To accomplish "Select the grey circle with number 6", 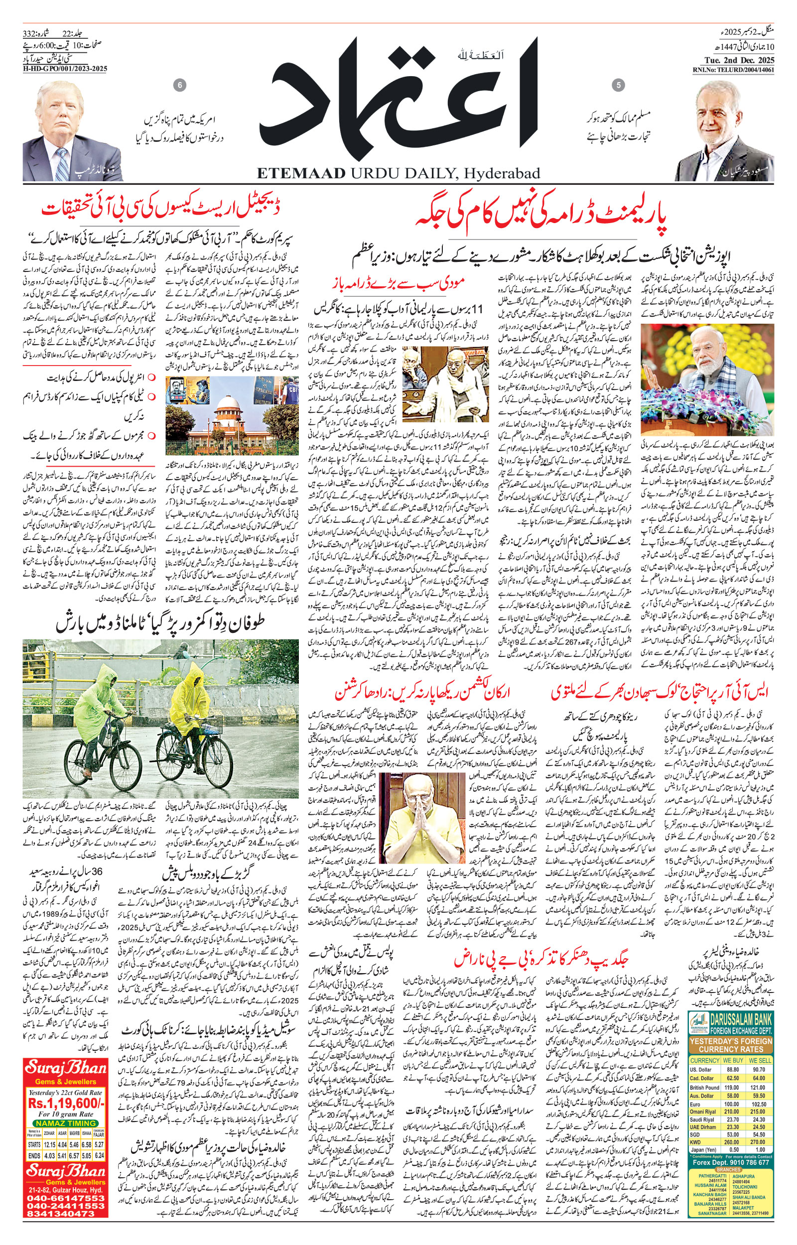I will [x=180, y=85].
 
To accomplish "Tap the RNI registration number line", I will [x=733, y=70].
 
